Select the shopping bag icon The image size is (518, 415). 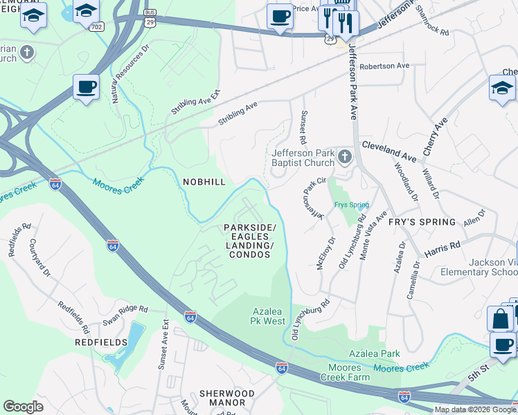[x=500, y=319]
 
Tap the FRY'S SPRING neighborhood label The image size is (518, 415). [x=422, y=222]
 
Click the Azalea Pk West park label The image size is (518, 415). [x=267, y=316]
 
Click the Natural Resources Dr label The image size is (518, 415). [x=126, y=71]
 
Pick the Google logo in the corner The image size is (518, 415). [x=23, y=407]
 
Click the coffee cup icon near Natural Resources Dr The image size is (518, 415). [x=85, y=87]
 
